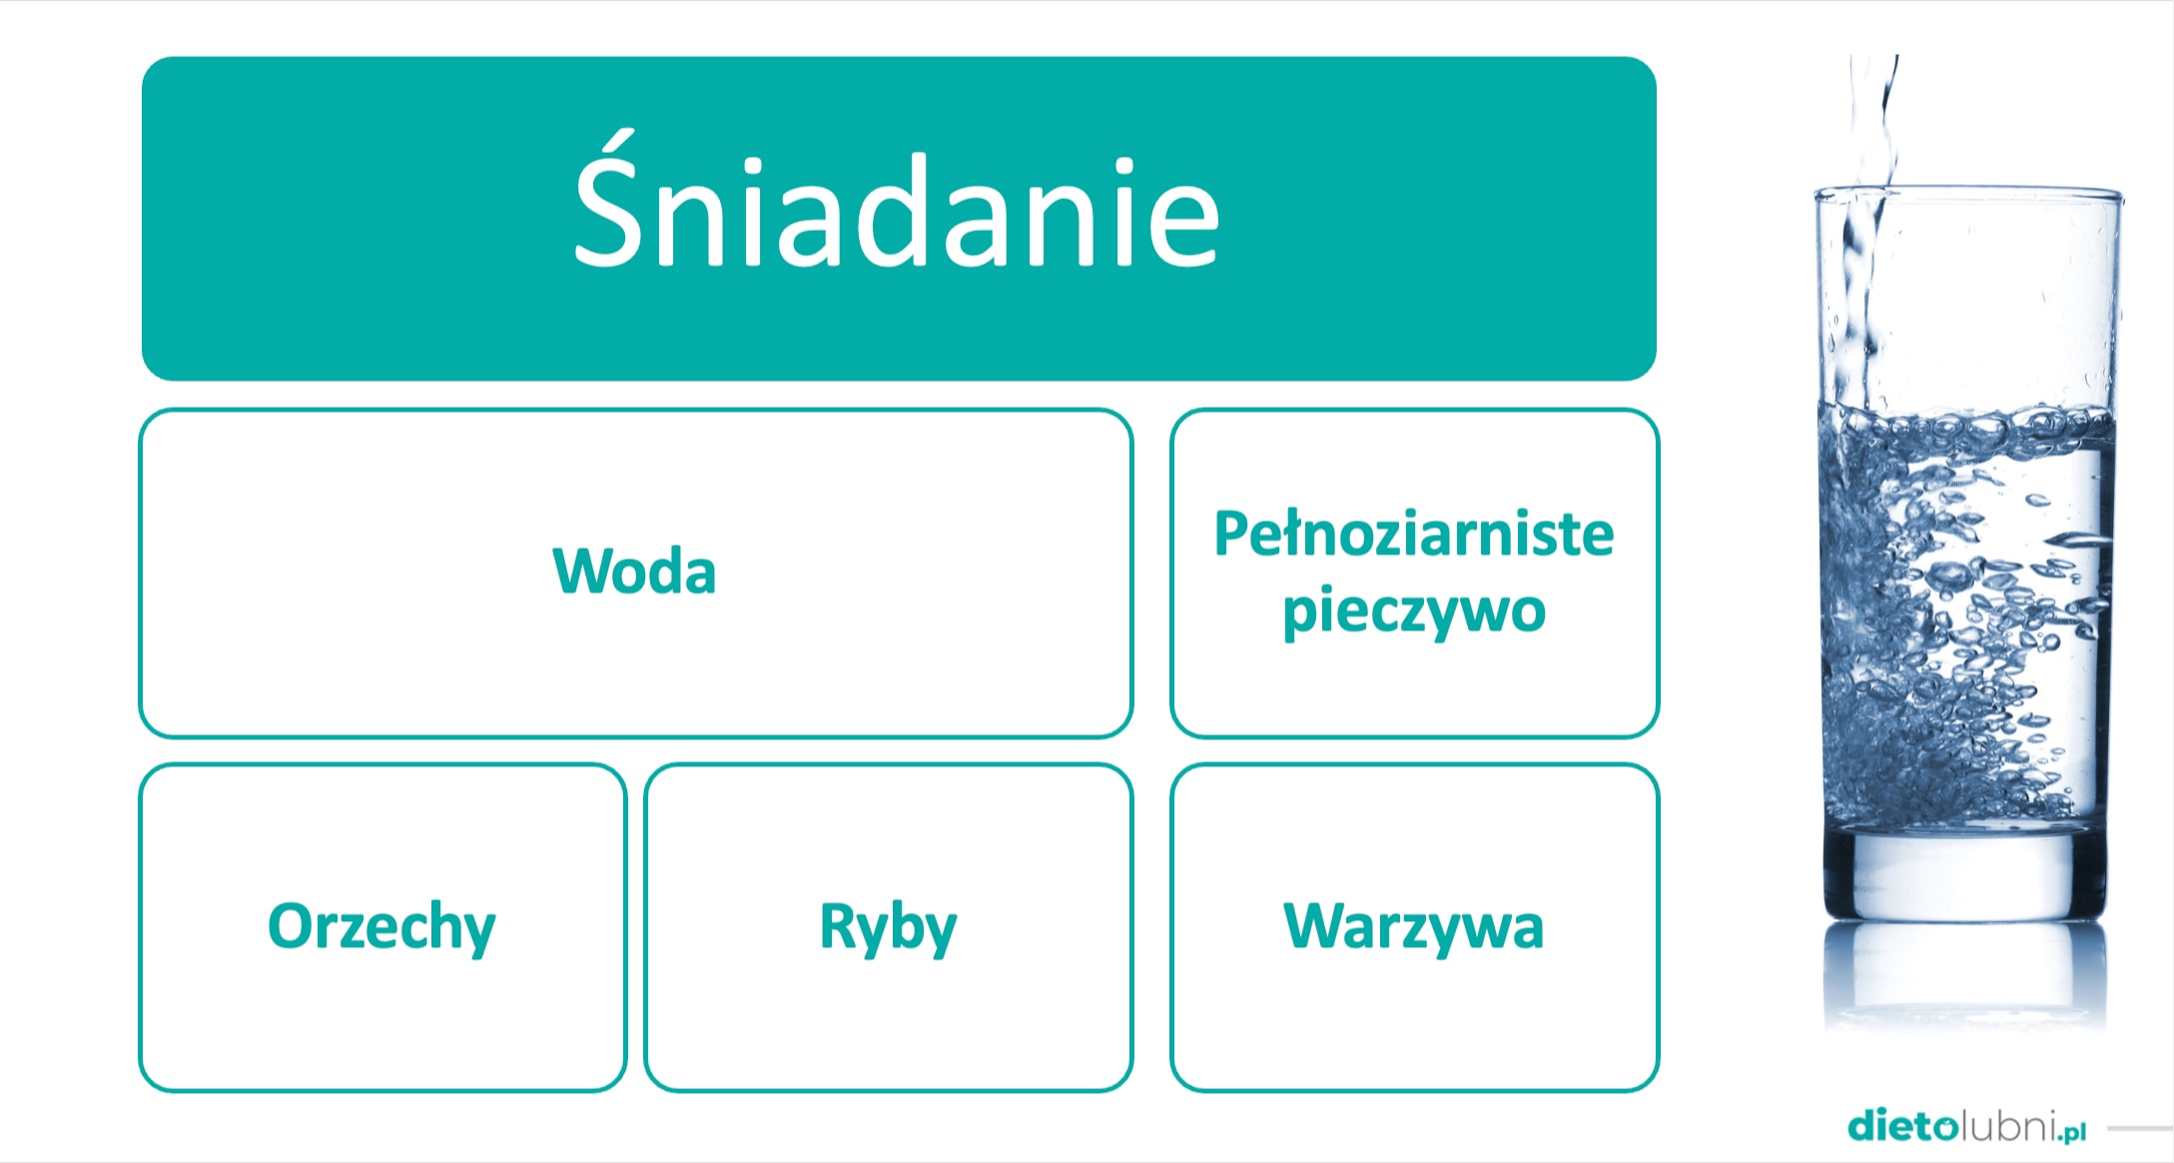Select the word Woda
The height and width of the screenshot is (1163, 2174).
(634, 572)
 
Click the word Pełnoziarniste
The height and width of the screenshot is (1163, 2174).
(1414, 534)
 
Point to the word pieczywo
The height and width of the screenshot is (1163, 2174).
(1414, 611)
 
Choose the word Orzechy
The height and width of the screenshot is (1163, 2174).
(381, 927)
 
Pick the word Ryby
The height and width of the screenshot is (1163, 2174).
(888, 927)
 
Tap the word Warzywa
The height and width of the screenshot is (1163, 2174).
(1414, 927)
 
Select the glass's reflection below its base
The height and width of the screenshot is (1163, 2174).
(1965, 974)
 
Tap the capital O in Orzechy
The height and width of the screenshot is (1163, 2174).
(291, 926)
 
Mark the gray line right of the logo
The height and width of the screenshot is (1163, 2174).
(2140, 1129)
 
